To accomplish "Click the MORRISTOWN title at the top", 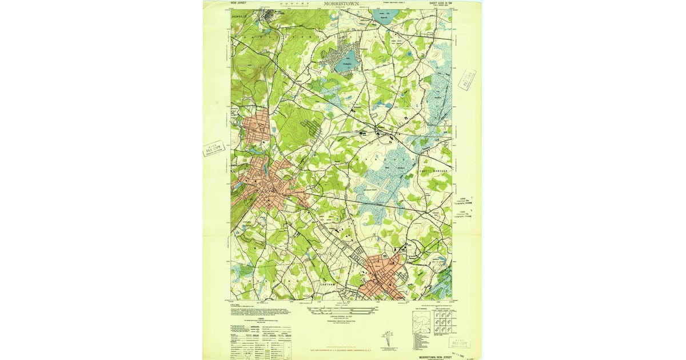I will [341, 3].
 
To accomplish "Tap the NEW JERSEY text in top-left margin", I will [240, 3].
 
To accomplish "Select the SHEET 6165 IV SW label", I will [445, 3].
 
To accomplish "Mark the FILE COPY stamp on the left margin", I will [214, 149].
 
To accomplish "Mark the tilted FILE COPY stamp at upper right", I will [467, 79].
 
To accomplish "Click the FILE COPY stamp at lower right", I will [460, 342].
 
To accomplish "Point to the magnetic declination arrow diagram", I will [388, 337].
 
